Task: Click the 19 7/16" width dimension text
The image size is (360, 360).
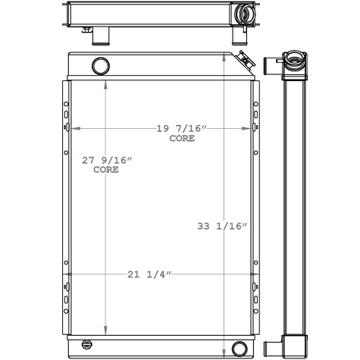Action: tap(181, 129)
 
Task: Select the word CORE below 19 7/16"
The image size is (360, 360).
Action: tap(181, 139)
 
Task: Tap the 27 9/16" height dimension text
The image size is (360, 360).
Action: tap(107, 160)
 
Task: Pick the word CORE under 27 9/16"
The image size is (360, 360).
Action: tap(106, 170)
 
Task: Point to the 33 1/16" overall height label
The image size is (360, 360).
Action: tap(223, 226)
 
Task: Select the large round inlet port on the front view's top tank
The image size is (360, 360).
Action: tap(100, 66)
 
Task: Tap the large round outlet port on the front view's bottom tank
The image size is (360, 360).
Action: tap(239, 349)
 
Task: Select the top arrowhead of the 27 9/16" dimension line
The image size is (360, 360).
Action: tap(105, 83)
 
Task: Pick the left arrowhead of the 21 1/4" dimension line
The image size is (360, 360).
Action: tap(67, 274)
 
